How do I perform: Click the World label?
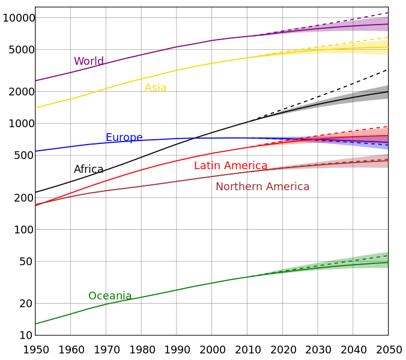click(x=89, y=61)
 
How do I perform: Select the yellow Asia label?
click(x=156, y=88)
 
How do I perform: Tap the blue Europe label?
click(x=124, y=138)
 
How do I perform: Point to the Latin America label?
click(x=231, y=166)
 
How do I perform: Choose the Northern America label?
click(x=262, y=187)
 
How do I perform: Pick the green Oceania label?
click(x=110, y=296)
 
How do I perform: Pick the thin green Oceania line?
click(x=180, y=289)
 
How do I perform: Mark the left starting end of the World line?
click(x=36, y=80)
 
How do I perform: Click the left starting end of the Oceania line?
click(x=36, y=324)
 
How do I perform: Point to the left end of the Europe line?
click(x=36, y=151)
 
